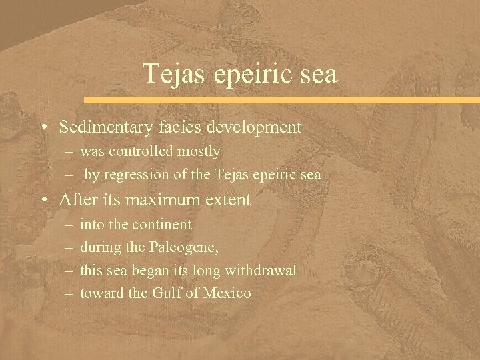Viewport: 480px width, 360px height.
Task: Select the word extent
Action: pos(229,199)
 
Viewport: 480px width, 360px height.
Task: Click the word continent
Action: pos(159,225)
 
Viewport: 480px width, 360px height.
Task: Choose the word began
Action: pos(151,271)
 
